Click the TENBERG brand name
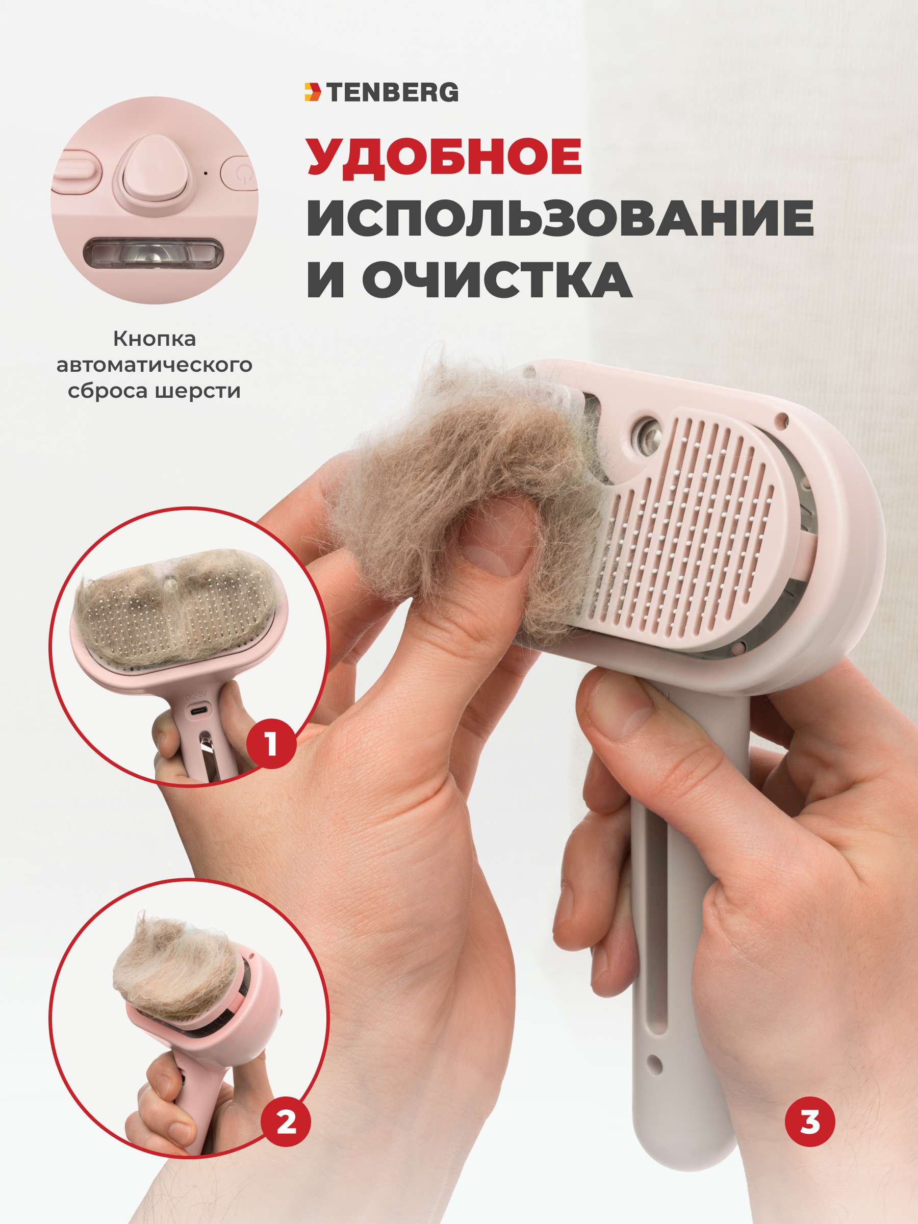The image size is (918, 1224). [x=392, y=92]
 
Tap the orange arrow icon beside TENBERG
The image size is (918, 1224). [x=313, y=92]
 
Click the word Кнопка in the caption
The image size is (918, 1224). [x=155, y=339]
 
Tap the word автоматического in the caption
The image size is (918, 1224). [x=155, y=365]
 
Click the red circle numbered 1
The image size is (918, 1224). [x=271, y=744]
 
